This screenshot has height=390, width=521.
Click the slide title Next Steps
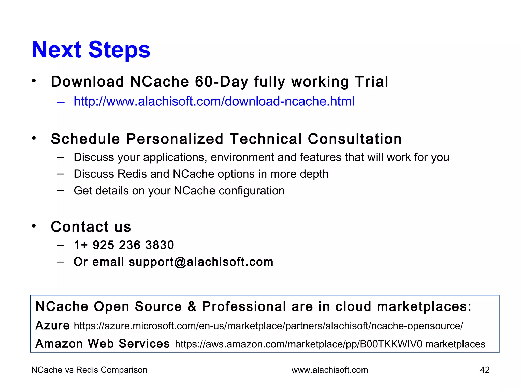click(x=91, y=50)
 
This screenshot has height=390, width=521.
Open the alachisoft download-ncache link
click(x=214, y=101)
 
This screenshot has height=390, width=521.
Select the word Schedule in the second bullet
click(x=85, y=139)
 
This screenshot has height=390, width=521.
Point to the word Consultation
click(x=355, y=139)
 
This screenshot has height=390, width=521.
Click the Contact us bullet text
click(x=91, y=227)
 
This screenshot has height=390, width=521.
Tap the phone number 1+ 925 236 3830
click(x=124, y=245)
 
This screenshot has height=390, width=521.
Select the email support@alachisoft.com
click(x=201, y=262)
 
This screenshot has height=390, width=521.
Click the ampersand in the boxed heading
click(x=192, y=306)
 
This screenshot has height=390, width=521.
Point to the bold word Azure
click(x=52, y=326)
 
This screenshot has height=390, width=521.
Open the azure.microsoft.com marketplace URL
click(x=268, y=326)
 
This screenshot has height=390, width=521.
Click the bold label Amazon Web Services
click(x=103, y=344)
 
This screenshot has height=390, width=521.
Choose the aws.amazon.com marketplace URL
click(x=298, y=344)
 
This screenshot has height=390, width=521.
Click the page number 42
click(x=485, y=370)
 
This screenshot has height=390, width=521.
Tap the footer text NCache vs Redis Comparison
click(x=89, y=370)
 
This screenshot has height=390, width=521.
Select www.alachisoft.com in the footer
click(x=330, y=370)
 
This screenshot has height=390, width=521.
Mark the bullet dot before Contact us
click(x=34, y=226)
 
